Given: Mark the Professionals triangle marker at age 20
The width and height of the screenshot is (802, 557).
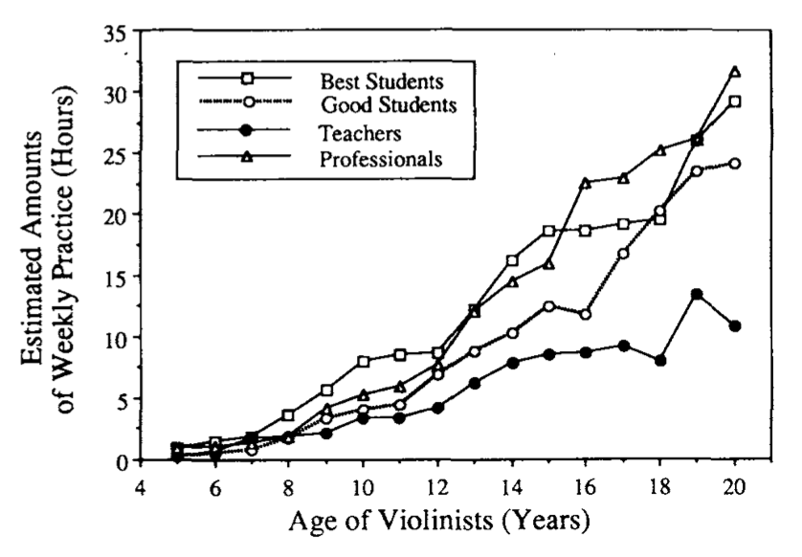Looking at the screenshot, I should (735, 72).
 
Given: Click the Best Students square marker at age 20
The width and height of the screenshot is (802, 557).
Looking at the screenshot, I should (735, 101).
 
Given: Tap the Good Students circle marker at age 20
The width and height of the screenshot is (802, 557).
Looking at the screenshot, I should (735, 164).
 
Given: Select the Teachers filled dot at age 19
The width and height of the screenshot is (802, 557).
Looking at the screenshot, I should (698, 294).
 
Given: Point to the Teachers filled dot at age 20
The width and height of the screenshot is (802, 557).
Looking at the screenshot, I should (735, 325).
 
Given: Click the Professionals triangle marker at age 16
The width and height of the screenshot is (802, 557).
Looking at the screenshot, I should (586, 182).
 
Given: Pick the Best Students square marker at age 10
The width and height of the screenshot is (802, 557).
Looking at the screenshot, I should (364, 362).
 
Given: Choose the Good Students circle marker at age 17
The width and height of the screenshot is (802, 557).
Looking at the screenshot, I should (623, 254).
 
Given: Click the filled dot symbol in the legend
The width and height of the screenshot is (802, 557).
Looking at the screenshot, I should (243, 130).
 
